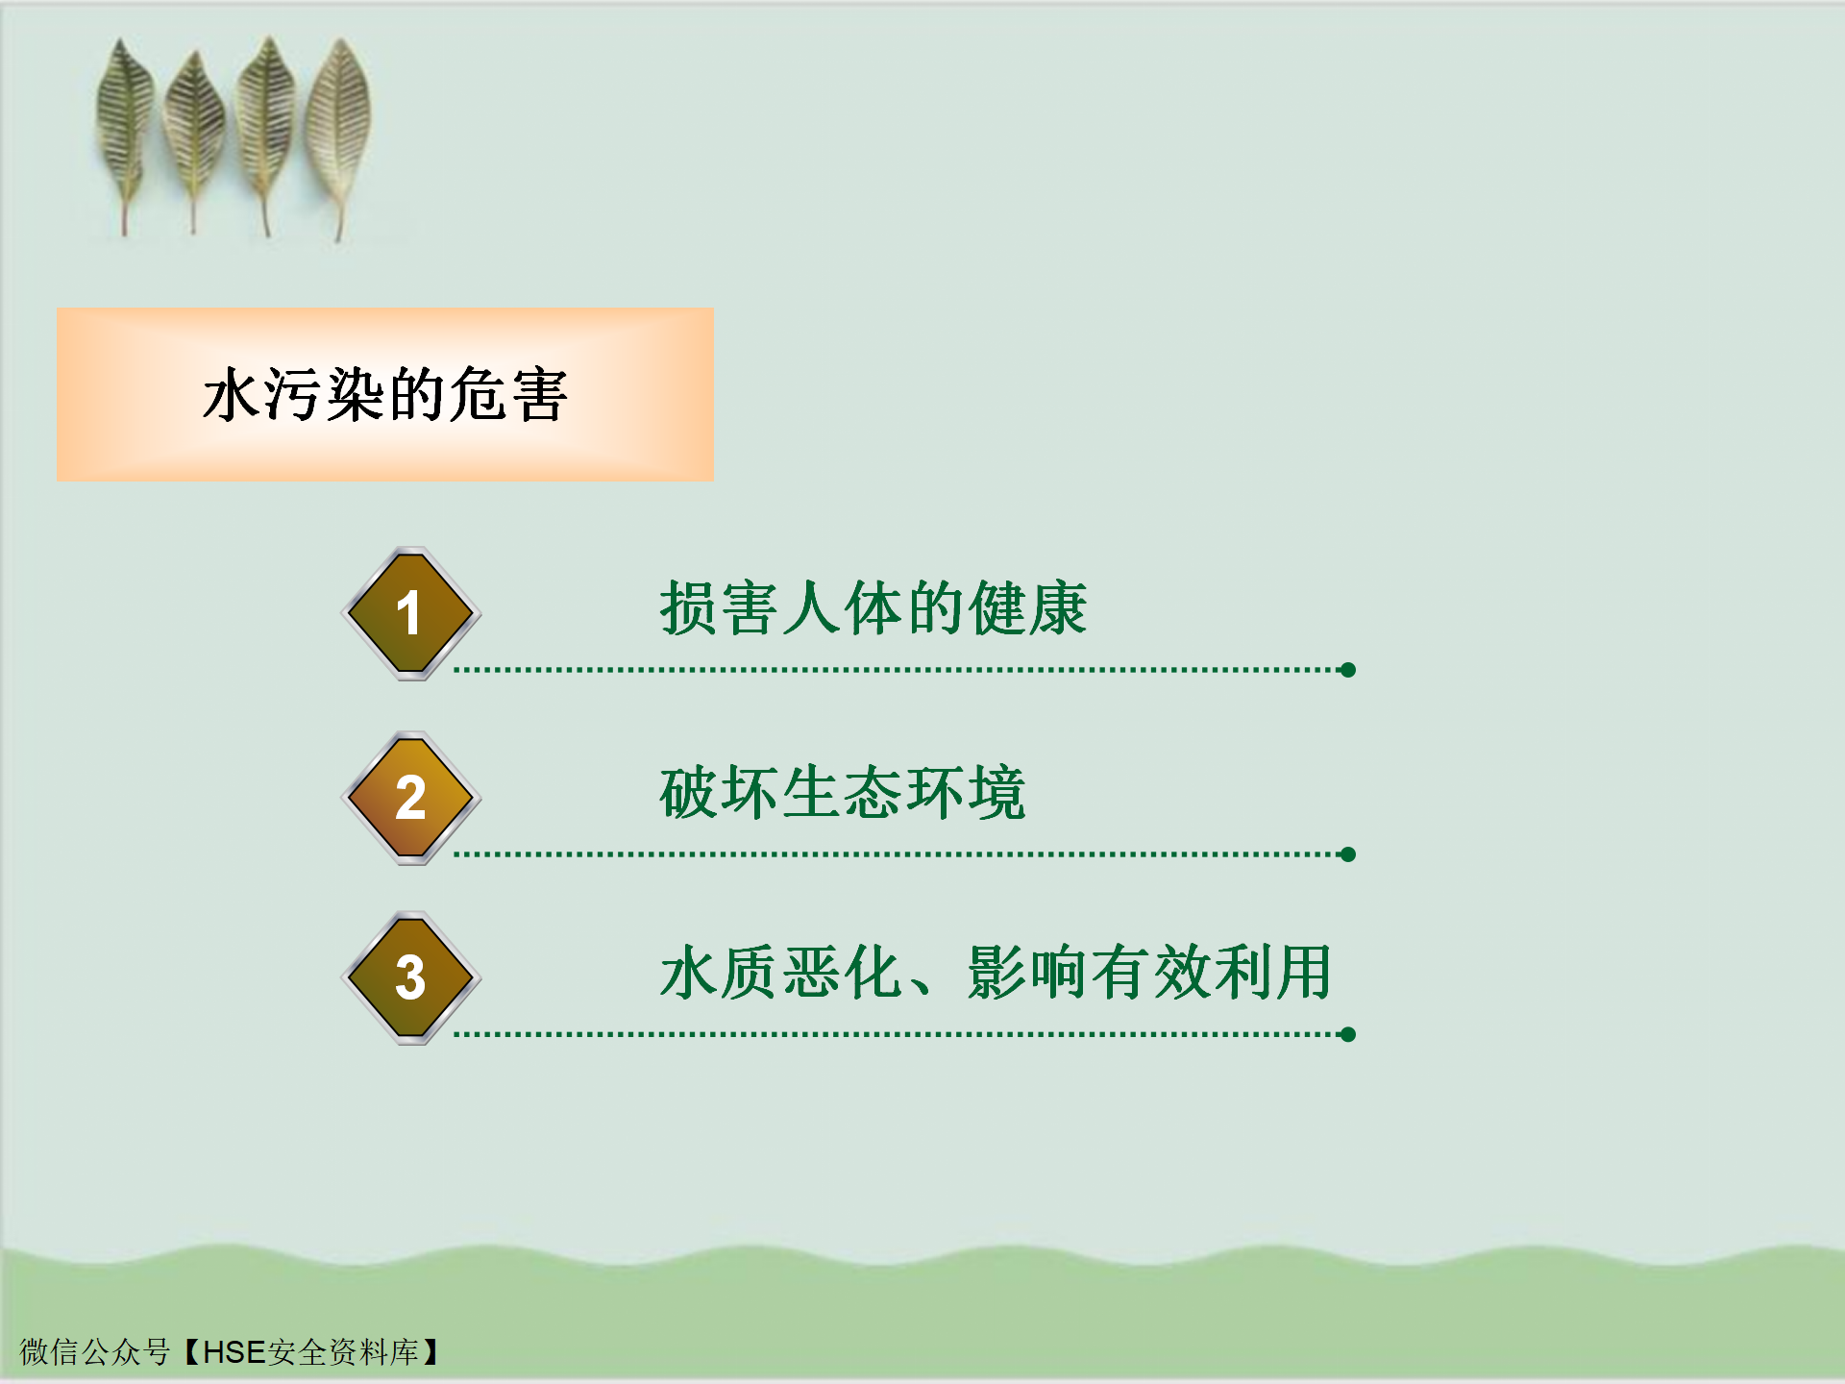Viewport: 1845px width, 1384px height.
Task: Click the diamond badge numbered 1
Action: click(x=411, y=613)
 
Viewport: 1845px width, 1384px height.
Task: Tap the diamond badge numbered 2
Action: click(x=411, y=798)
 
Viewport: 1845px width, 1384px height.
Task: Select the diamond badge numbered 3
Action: click(x=411, y=977)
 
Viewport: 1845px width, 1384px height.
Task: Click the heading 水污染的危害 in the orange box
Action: click(x=384, y=394)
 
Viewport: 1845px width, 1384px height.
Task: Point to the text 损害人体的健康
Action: click(x=873, y=608)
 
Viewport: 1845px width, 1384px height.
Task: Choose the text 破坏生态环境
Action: click(x=843, y=793)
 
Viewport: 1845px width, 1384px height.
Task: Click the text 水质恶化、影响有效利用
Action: click(x=996, y=973)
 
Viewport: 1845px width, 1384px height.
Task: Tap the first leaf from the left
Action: click(x=125, y=135)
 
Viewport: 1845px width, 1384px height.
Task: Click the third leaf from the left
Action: click(x=265, y=135)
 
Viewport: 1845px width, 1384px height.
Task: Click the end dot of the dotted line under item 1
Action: click(x=1348, y=670)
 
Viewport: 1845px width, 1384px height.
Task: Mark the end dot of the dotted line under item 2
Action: click(x=1348, y=854)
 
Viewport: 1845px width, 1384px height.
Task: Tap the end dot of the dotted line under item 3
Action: click(x=1348, y=1034)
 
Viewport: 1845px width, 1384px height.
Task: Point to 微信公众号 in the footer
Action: click(x=95, y=1352)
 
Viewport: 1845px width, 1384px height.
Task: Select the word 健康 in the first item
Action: click(x=1028, y=608)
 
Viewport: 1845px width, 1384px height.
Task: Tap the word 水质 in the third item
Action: click(x=719, y=973)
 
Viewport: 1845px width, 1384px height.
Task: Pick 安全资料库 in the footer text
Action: click(x=343, y=1352)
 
